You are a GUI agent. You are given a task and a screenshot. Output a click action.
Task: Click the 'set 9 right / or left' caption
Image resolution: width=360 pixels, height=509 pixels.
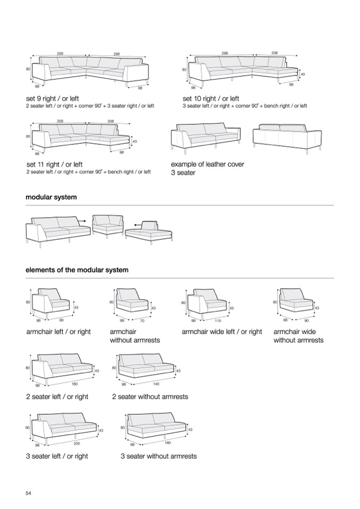53,99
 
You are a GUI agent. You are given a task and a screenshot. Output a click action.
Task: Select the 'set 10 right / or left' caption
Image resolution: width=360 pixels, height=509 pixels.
211,99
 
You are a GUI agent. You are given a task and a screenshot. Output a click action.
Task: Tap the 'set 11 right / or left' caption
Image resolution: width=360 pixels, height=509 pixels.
55,165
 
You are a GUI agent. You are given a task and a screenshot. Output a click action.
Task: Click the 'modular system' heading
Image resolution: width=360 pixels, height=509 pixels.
51,197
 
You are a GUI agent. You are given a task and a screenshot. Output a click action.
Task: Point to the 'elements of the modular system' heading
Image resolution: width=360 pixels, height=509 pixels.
77,270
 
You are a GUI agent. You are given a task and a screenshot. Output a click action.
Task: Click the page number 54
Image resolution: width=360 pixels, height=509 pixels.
29,494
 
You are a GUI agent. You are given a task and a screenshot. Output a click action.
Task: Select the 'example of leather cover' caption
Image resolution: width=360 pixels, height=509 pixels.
208,165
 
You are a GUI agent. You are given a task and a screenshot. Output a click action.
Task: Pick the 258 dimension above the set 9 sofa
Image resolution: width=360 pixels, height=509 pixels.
61,54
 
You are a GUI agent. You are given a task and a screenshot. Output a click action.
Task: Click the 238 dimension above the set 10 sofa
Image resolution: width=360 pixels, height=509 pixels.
275,53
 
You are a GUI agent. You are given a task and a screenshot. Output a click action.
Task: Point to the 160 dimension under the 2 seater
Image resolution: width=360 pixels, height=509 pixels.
74,383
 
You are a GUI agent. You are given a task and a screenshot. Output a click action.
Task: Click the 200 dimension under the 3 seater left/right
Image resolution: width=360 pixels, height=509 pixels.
77,443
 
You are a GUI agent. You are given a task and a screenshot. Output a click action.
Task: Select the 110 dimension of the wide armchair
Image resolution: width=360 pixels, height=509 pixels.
218,321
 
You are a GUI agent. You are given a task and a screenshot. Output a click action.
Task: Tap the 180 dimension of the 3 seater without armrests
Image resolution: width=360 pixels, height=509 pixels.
168,442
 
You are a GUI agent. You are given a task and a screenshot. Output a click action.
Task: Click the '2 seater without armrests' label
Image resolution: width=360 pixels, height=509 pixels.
150,396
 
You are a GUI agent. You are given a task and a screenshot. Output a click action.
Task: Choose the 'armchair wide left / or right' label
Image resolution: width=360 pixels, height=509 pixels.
222,332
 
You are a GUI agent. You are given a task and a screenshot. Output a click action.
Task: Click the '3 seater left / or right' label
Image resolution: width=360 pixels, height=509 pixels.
57,456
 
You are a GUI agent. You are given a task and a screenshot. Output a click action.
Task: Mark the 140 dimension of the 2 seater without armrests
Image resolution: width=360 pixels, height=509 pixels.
156,383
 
